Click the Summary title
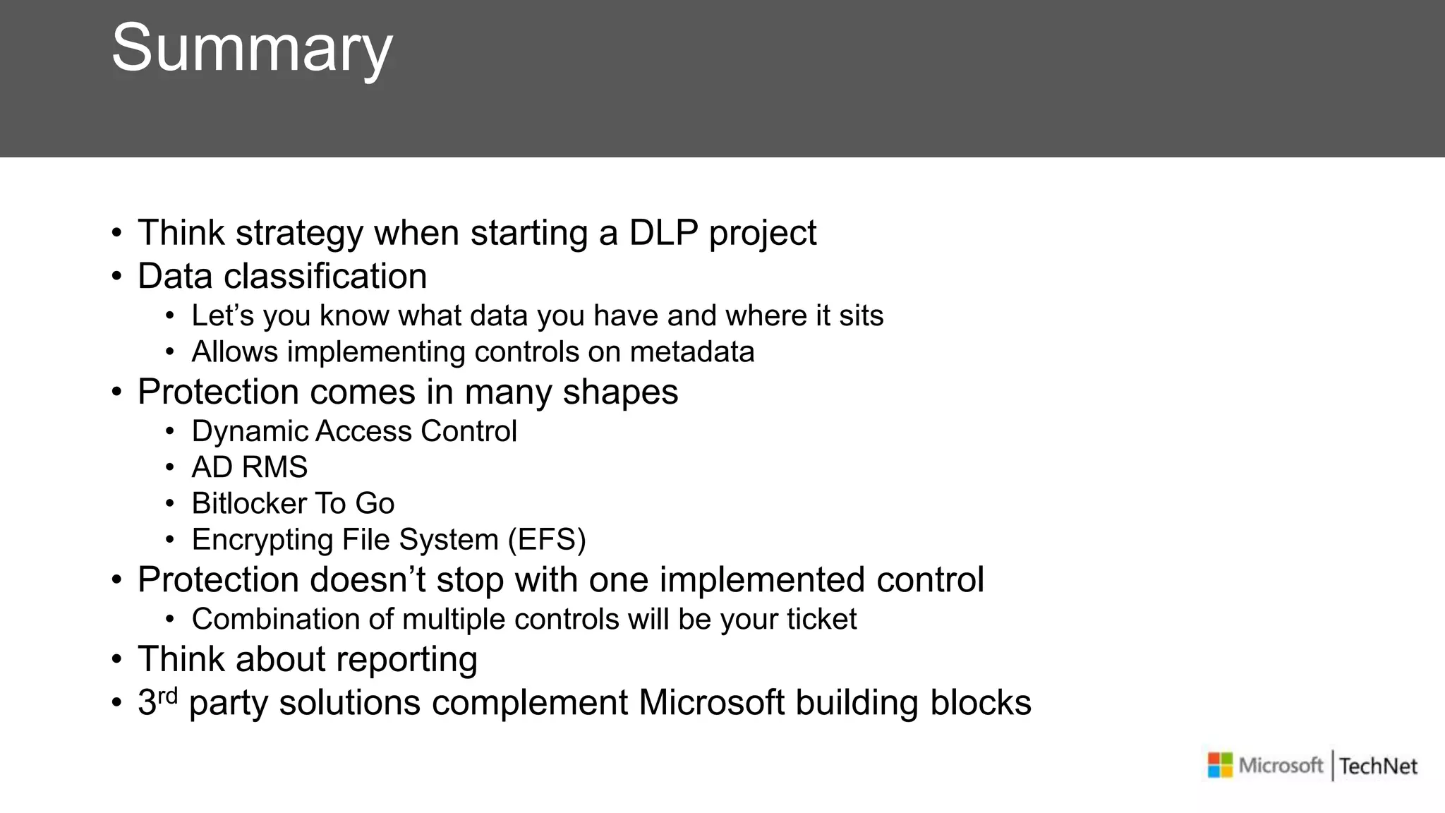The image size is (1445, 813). (x=251, y=48)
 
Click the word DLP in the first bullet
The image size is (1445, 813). (x=663, y=233)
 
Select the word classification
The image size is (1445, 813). (x=325, y=276)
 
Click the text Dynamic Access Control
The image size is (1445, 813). (x=354, y=431)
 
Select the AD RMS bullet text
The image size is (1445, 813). (x=250, y=467)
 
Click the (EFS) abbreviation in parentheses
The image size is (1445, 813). (x=547, y=540)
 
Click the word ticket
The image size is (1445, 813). (x=821, y=619)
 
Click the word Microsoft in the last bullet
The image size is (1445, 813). (x=711, y=703)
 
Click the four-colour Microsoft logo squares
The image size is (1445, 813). (x=1220, y=765)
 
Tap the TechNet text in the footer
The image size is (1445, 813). (x=1378, y=766)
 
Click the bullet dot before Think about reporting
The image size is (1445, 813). (x=117, y=660)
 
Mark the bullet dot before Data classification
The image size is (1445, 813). (x=117, y=277)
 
